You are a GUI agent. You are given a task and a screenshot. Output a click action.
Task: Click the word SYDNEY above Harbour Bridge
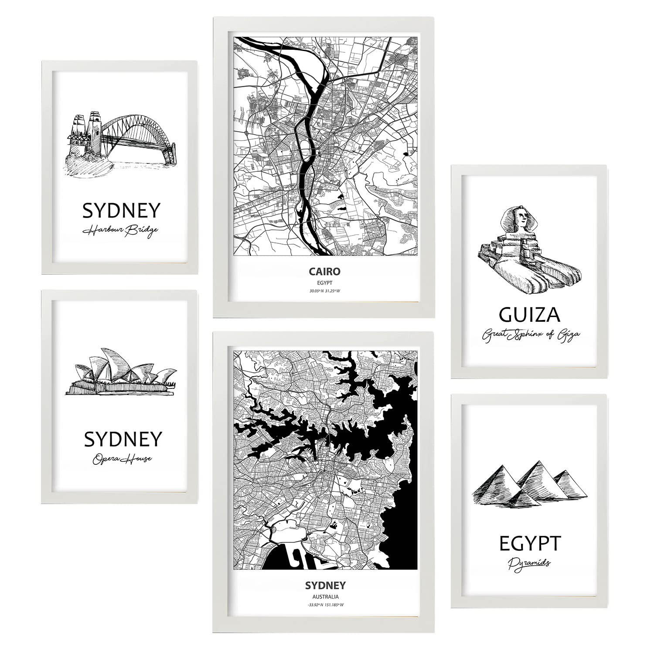(121, 211)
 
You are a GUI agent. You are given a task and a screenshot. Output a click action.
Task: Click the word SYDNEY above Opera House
(123, 439)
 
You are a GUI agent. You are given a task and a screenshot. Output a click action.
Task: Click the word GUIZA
(529, 314)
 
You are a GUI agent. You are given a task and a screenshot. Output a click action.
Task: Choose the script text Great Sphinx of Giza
(530, 335)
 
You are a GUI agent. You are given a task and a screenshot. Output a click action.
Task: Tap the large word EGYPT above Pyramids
(529, 544)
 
